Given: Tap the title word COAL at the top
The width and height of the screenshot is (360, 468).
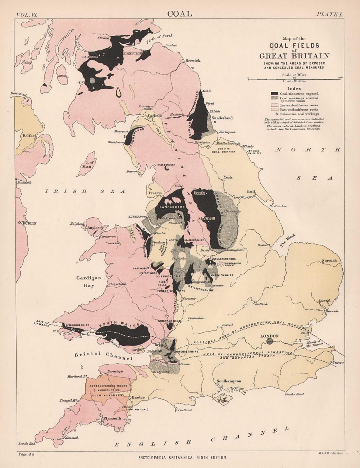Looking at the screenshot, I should click(x=180, y=14).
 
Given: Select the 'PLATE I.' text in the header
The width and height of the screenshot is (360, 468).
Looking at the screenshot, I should click(x=330, y=14).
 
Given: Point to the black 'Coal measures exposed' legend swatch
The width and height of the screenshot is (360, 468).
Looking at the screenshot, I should click(x=274, y=93).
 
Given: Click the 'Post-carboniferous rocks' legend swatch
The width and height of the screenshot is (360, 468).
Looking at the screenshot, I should click(x=274, y=110).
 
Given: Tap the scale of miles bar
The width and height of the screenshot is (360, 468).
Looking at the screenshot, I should click(x=294, y=78).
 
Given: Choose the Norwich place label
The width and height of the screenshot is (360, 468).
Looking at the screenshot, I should click(x=329, y=260).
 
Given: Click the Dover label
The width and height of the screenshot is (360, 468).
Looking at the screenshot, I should click(x=339, y=363).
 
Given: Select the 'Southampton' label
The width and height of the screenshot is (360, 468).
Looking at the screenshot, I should click(x=229, y=381).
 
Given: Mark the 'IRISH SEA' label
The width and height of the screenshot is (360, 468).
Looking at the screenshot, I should click(x=85, y=191).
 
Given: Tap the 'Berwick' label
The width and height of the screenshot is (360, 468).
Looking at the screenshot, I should click(x=192, y=60).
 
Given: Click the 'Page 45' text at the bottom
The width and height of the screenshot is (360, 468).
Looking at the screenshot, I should click(x=27, y=454).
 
